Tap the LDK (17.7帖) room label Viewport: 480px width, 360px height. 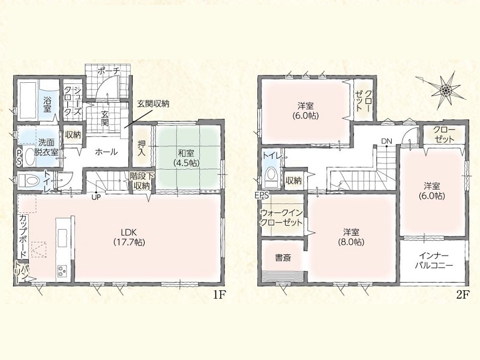(x=129, y=237)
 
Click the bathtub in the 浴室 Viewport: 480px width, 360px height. (x=28, y=100)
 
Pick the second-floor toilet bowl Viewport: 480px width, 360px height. (x=271, y=176)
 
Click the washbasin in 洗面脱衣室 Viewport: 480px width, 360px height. (x=29, y=157)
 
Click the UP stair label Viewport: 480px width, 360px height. (x=96, y=197)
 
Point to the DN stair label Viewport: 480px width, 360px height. (x=386, y=141)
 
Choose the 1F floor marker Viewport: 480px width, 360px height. (x=220, y=295)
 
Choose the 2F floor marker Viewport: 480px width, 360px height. (x=463, y=295)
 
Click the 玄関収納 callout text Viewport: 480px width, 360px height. (x=153, y=104)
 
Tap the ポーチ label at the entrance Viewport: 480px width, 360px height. (x=109, y=71)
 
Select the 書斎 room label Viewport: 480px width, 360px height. (x=283, y=258)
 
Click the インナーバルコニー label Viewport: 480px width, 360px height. (x=433, y=260)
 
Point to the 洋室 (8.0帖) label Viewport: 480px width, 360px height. (x=351, y=237)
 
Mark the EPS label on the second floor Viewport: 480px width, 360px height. (x=263, y=195)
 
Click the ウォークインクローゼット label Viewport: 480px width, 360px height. (x=281, y=217)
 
